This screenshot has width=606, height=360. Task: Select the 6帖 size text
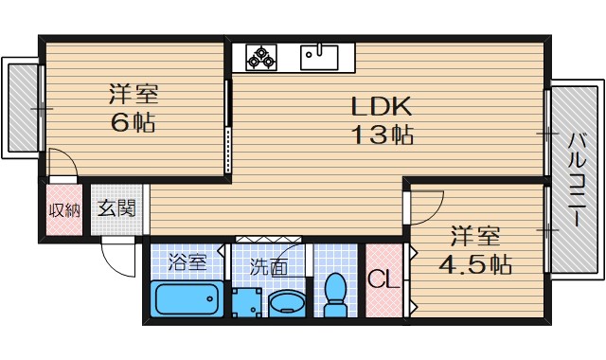[x=132, y=123]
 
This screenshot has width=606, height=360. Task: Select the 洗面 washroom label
[x=269, y=268]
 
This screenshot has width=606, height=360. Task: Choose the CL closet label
[x=383, y=281]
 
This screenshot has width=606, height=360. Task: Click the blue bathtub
[x=186, y=302]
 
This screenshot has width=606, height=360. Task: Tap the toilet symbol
[x=335, y=295]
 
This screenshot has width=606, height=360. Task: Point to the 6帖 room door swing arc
[x=61, y=161]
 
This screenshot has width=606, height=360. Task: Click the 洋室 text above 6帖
[x=133, y=95]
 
